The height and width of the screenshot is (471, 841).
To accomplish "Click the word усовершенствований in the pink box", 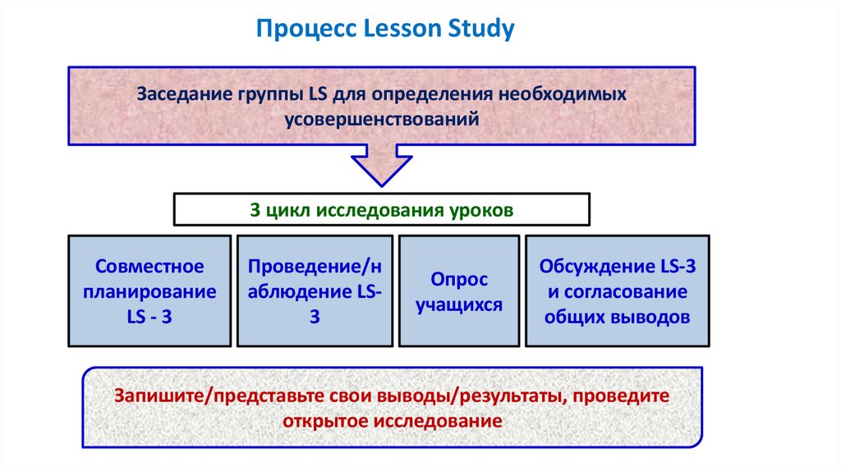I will point(381,119).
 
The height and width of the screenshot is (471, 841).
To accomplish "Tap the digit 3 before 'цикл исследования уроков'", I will point(255,209).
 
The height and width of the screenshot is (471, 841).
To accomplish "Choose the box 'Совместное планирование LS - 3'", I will point(149,291).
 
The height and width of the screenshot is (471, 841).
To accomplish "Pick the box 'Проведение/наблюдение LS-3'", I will point(315,291).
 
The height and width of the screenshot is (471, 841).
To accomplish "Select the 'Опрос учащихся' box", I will point(458,291).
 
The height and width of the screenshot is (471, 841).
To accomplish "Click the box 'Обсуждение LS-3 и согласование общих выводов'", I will point(617,291).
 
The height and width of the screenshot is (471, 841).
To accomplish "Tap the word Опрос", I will point(458,280).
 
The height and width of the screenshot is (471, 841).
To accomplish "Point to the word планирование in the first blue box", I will point(149,291).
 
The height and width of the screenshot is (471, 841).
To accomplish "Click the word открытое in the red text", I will point(326,422).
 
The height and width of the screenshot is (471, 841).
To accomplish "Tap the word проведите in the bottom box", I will point(622,396).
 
